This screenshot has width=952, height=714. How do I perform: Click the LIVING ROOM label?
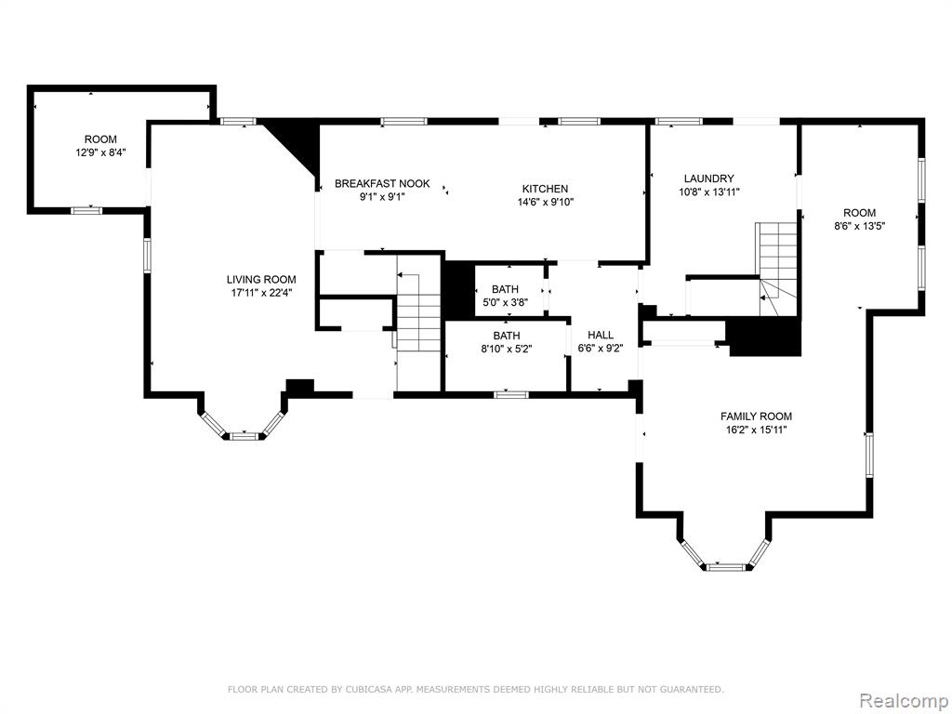click(261, 280)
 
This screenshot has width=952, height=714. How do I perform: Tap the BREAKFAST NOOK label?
click(382, 183)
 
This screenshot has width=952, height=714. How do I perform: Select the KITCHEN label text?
click(545, 189)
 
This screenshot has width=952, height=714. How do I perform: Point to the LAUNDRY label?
click(708, 178)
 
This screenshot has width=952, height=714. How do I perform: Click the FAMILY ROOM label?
click(756, 416)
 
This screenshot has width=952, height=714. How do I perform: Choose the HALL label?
click(601, 335)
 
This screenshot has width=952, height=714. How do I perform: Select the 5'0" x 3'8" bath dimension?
click(505, 302)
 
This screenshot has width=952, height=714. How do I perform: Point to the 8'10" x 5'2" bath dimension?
click(507, 349)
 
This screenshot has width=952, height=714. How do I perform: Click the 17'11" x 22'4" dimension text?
click(261, 293)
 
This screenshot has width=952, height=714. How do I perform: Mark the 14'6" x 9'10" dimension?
click(545, 202)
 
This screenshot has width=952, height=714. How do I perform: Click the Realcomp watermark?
click(902, 700)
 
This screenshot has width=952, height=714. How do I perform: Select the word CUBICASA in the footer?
click(365, 689)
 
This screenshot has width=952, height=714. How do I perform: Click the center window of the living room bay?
click(242, 436)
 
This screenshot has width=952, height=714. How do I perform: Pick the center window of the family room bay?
click(725, 567)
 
